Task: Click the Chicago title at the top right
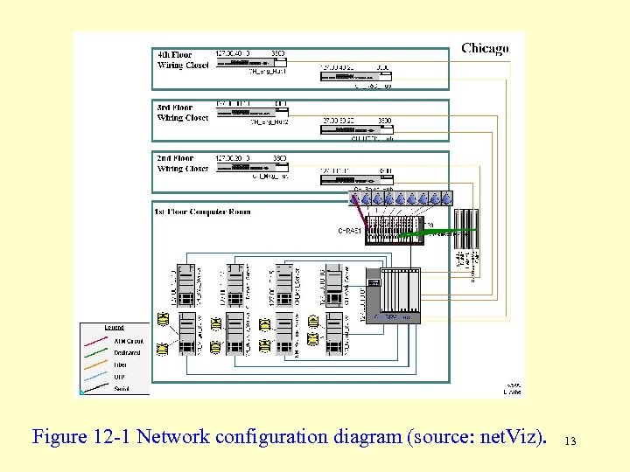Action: click(x=485, y=48)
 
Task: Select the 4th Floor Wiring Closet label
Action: click(x=183, y=59)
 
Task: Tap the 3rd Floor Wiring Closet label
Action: click(x=183, y=113)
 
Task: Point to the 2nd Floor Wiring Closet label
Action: click(x=183, y=163)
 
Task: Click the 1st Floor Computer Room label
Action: click(x=203, y=212)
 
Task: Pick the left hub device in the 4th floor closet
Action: click(x=248, y=63)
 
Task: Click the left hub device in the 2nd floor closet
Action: click(x=248, y=167)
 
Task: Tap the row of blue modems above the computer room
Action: click(x=401, y=198)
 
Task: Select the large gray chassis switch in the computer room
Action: click(x=395, y=294)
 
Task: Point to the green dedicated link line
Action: click(x=446, y=232)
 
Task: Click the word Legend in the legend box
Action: click(x=115, y=328)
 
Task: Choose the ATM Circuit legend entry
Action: click(x=127, y=342)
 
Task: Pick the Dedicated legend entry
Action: click(x=127, y=353)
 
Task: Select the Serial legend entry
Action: click(x=122, y=389)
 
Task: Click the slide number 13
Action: click(x=570, y=441)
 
